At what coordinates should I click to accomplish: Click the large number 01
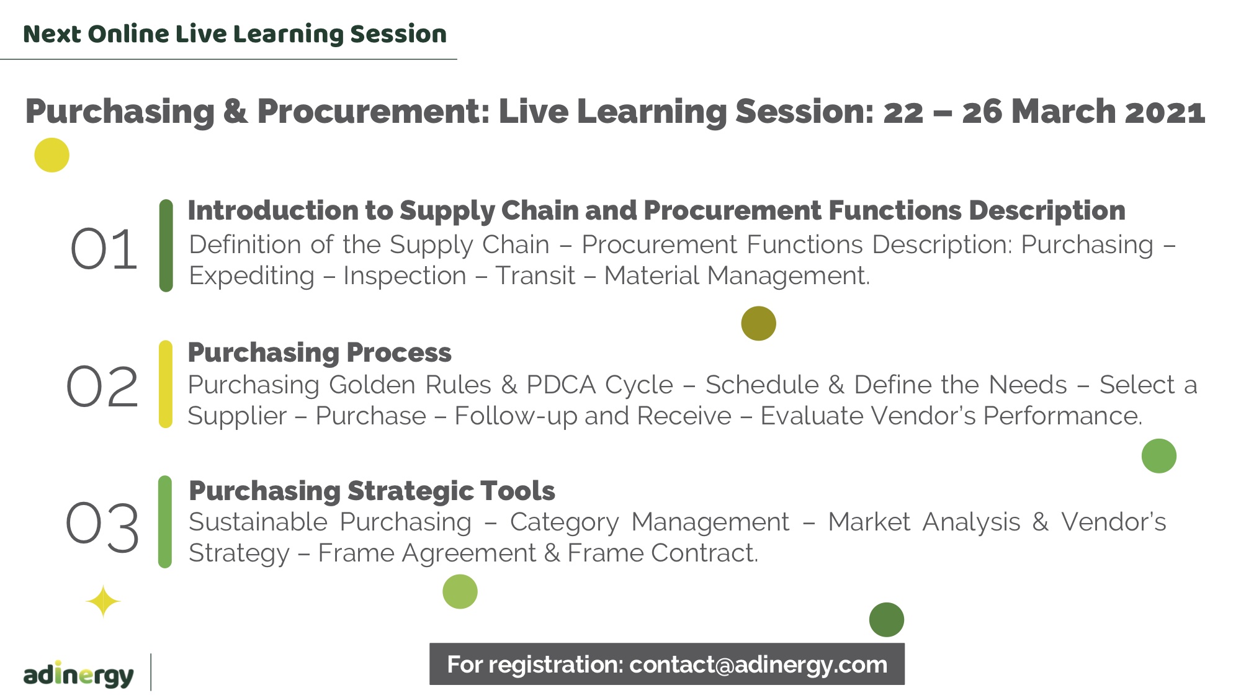(x=104, y=249)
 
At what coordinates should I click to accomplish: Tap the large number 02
(x=102, y=387)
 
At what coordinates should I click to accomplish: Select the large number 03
(x=102, y=526)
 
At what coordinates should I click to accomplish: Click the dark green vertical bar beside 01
(x=166, y=246)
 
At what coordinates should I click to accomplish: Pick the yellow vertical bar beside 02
(x=166, y=384)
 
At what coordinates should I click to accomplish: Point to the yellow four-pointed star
(x=103, y=601)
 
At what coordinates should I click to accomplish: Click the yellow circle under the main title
(x=52, y=155)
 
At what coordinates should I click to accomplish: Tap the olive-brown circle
(x=758, y=323)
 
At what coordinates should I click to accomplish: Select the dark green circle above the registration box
(x=887, y=620)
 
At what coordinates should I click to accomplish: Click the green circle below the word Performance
(x=1159, y=456)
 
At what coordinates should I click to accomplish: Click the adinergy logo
(x=78, y=674)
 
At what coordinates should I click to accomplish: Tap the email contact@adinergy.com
(x=758, y=664)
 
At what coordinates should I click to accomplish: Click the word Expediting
(x=251, y=276)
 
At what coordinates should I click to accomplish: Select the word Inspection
(x=405, y=276)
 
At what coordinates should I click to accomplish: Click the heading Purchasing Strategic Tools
(x=372, y=491)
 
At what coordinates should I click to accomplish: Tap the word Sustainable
(x=258, y=522)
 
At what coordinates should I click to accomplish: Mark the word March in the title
(x=1064, y=112)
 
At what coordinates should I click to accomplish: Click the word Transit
(x=535, y=276)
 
